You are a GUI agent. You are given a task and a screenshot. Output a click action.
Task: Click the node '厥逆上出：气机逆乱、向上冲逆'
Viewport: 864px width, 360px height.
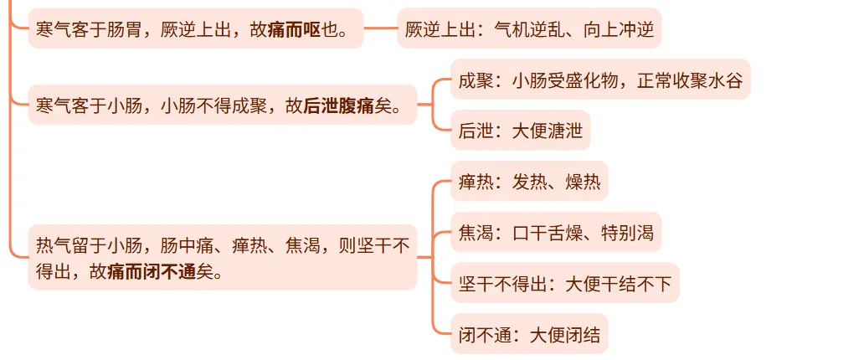(x=529, y=30)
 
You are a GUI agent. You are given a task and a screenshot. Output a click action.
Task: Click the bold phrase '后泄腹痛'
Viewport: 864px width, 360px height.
(x=339, y=106)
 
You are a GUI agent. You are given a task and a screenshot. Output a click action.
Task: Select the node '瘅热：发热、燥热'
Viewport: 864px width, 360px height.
(x=529, y=182)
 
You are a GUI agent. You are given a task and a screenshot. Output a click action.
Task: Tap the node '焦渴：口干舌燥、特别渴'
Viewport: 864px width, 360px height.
(x=556, y=233)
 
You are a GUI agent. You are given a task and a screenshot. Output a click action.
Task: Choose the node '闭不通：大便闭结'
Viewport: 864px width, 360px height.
(x=529, y=336)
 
